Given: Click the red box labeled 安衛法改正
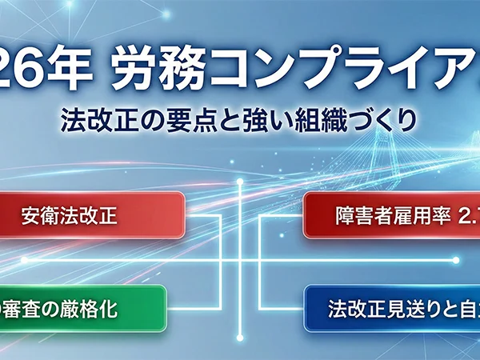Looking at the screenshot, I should pos(93,214).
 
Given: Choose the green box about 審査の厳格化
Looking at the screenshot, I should pos(80,309).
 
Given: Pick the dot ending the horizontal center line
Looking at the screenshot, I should pos(456,260).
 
